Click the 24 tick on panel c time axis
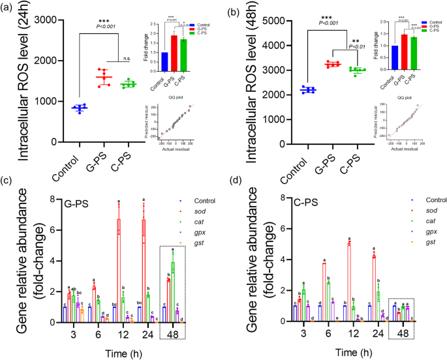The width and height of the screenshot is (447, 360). click(x=144, y=333)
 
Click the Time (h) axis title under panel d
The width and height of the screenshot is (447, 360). click(x=348, y=352)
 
